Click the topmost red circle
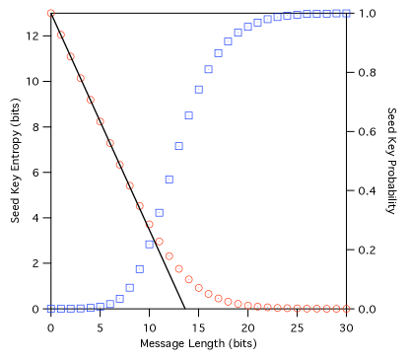51,14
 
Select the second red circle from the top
61,35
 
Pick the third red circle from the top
70,56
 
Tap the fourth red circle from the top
81,78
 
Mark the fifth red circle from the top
91,100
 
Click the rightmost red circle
346,309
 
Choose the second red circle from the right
336,309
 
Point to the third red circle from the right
326,309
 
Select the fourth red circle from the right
316,309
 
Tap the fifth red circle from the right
307,309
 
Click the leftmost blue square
50,309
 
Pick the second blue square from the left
60,309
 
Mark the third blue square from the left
70,309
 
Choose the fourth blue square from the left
80,308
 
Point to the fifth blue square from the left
90,308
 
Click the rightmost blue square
346,13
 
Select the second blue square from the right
336,13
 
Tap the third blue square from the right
326,14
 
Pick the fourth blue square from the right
316,14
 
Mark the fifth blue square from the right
307,14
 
